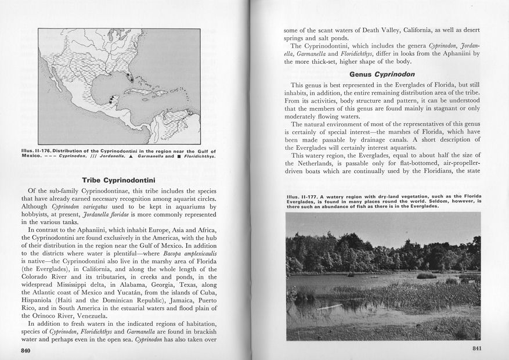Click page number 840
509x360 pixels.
click(x=26, y=351)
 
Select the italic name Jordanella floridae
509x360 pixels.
click(x=116, y=212)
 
